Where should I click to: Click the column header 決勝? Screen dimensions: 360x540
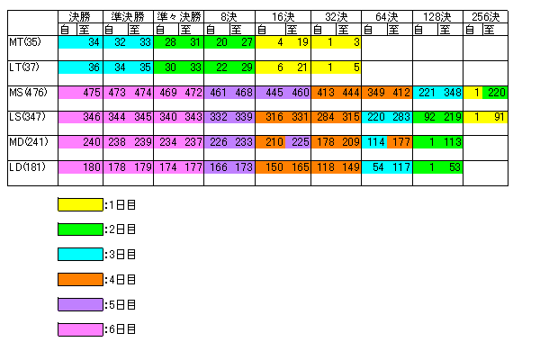tap(79, 16)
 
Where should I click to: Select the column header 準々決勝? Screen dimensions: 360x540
tap(178, 16)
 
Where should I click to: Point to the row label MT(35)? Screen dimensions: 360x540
tap(24, 42)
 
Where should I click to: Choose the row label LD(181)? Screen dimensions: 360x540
tap(27, 166)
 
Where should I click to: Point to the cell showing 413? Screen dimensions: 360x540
tap(324, 93)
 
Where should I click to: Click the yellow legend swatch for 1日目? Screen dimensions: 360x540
tap(80, 204)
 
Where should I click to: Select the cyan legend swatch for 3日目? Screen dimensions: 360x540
tap(80, 255)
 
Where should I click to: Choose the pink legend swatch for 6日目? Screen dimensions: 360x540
tap(80, 330)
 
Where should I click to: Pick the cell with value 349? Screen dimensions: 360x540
tap(375, 93)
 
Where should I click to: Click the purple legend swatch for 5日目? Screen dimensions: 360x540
tap(80, 305)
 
